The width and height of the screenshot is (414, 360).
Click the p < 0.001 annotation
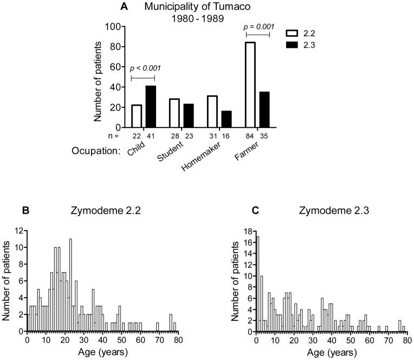click(144, 68)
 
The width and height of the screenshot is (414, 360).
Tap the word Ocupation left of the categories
click(96, 151)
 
